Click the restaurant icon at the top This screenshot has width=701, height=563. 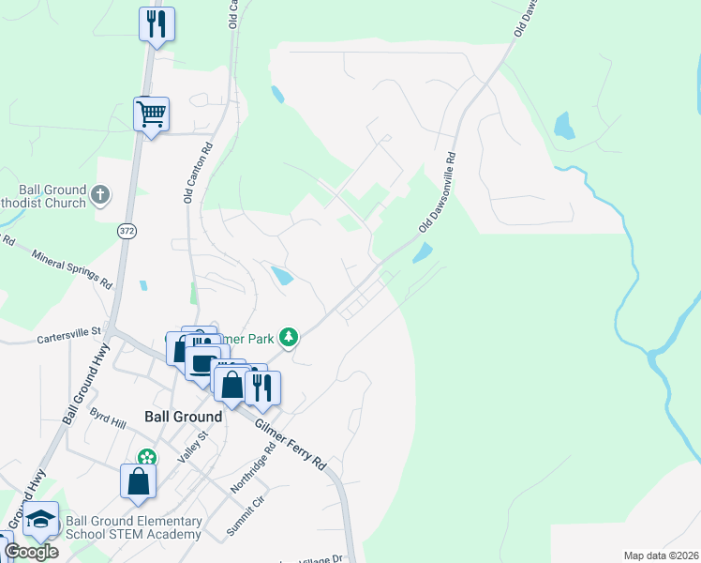coord(156,23)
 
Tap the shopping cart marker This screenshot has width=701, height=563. coord(151,114)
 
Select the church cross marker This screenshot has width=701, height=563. coord(101,196)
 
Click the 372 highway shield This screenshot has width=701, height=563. coord(127,230)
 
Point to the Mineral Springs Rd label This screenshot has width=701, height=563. coord(72,268)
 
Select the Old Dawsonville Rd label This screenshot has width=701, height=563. coord(437,193)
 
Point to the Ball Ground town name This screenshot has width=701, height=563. coord(183,417)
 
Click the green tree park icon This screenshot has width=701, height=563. coord(291,335)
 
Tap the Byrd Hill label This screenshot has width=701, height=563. coord(107,418)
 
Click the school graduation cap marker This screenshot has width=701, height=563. coord(41,519)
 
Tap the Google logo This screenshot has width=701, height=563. coord(31,552)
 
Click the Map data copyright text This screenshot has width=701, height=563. coord(661,555)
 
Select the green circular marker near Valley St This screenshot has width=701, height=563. coord(146,458)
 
